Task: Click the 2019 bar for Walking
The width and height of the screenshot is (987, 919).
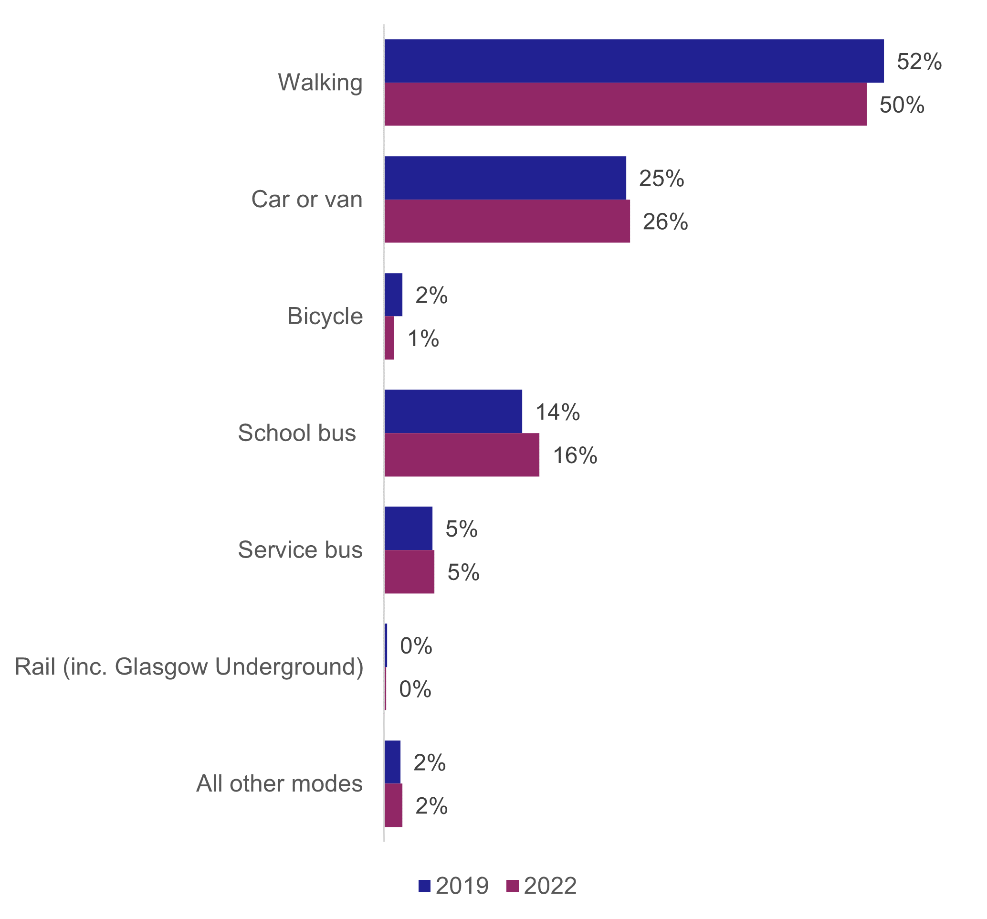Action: tap(633, 61)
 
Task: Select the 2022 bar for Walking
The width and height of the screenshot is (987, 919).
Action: tap(625, 104)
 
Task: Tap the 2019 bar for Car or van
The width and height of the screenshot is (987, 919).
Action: tap(505, 178)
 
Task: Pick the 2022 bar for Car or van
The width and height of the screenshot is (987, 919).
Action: tap(507, 221)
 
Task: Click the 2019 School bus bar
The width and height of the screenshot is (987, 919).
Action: tap(453, 411)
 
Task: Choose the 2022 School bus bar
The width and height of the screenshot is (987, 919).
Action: tap(461, 454)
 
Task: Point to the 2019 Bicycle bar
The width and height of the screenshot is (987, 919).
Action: tap(393, 295)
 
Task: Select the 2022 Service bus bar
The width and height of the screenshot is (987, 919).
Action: tap(409, 571)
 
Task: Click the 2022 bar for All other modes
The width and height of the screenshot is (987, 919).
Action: tap(393, 805)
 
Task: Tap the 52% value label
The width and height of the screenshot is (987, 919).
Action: tap(918, 62)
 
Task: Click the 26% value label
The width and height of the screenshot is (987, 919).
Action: tap(665, 222)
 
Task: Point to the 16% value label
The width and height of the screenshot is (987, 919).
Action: tap(575, 456)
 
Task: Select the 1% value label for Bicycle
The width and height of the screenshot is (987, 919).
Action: tap(423, 338)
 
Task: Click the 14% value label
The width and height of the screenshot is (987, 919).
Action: tap(557, 412)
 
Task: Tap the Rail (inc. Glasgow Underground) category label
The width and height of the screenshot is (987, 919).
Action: tap(189, 667)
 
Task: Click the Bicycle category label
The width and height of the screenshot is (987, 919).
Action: tap(325, 316)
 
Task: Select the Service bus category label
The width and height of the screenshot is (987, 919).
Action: tap(300, 550)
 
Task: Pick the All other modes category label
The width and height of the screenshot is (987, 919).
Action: tap(279, 783)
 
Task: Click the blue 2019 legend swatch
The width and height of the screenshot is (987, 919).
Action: tap(424, 886)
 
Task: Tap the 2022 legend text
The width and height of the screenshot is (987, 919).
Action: tap(550, 886)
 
